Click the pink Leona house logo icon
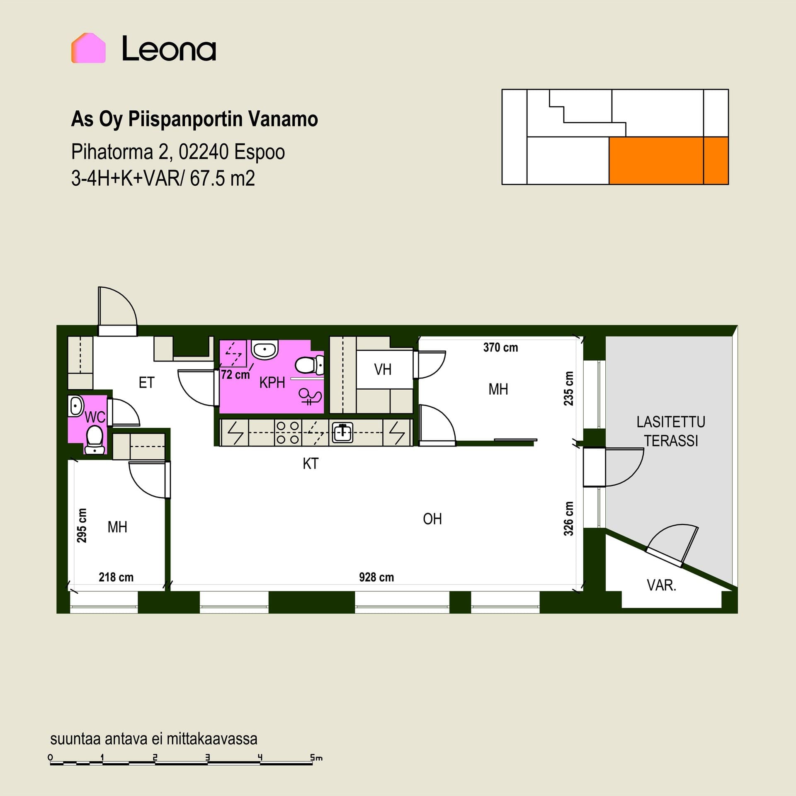88,48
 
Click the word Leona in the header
169,49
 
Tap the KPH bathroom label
272,383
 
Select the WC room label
95,417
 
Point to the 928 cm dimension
376,577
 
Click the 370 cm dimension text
500,347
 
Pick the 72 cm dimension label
235,375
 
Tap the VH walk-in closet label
382,369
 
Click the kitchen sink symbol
342,432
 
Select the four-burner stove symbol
288,432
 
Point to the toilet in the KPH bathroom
309,365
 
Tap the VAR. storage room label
661,585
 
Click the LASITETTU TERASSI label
671,431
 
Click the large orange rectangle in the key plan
656,160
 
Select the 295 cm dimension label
82,525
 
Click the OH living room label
432,519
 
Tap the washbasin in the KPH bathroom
265,350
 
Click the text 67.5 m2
222,179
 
